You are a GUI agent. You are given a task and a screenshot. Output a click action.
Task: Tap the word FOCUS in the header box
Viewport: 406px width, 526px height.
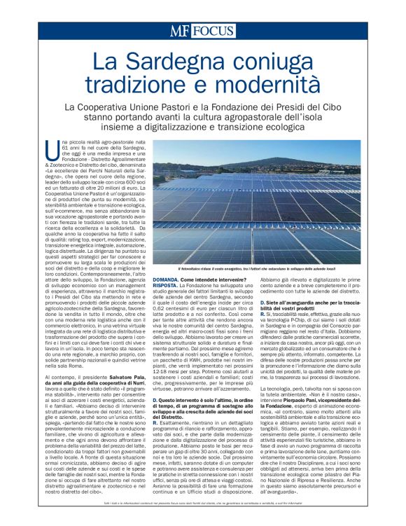(x=213, y=32)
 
